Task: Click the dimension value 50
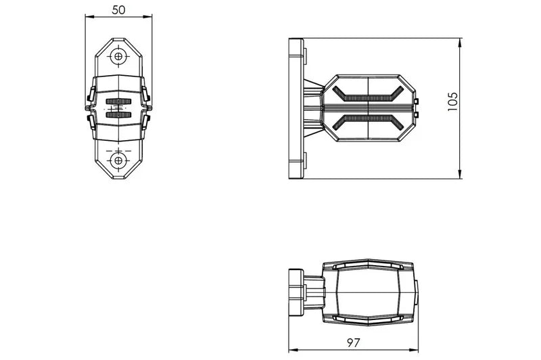click(x=118, y=9)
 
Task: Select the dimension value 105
click(x=453, y=101)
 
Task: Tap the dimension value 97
click(x=352, y=343)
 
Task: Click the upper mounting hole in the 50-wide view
click(x=118, y=56)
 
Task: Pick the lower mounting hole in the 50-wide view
click(x=118, y=160)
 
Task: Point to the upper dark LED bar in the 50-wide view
click(x=118, y=102)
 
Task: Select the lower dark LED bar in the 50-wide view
click(x=118, y=115)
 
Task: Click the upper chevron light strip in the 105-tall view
click(x=368, y=95)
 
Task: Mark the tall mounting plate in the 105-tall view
click(x=296, y=108)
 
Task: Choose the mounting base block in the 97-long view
click(x=296, y=292)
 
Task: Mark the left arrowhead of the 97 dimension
click(x=291, y=351)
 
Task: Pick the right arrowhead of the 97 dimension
click(x=416, y=351)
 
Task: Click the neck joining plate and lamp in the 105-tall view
click(x=314, y=108)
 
